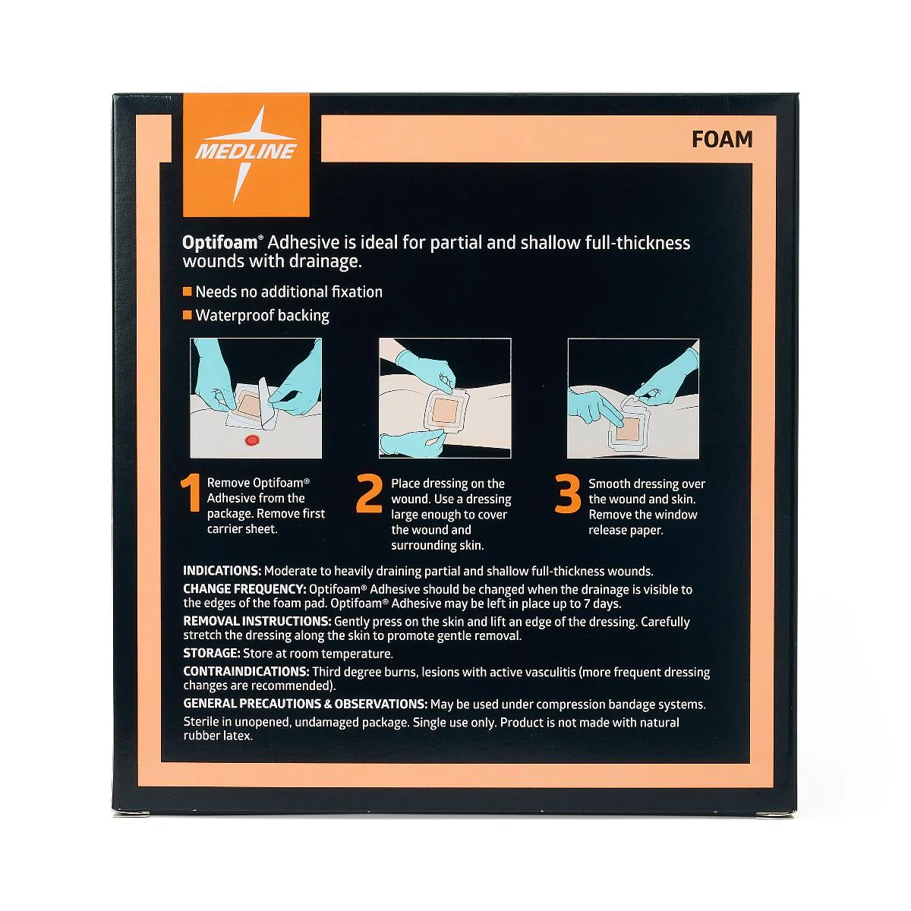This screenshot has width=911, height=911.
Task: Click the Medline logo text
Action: click(246, 151)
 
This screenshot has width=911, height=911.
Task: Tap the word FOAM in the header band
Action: click(722, 140)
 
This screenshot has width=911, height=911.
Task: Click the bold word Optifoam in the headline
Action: click(220, 243)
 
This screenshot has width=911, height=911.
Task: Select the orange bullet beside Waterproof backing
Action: click(188, 315)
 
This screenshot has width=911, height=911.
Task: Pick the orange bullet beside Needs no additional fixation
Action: click(188, 292)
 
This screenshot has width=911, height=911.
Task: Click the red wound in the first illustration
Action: click(252, 440)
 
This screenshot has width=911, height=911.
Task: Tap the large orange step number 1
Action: click(191, 493)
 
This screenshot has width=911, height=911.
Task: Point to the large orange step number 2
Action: click(369, 493)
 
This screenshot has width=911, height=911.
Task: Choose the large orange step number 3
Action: click(567, 494)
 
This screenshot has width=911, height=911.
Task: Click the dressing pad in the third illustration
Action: click(627, 429)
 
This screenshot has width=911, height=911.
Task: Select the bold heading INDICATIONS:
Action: click(222, 571)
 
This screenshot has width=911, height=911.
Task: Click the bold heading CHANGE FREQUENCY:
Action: click(245, 589)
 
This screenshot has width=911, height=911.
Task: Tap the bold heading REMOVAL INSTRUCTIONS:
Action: click(257, 621)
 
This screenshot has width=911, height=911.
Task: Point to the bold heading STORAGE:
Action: click(212, 654)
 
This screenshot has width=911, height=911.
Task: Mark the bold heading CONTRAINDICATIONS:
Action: click(246, 672)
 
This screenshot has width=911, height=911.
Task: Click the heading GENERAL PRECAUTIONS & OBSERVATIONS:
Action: click(305, 704)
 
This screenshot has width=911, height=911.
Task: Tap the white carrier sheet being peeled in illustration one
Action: click(265, 403)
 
